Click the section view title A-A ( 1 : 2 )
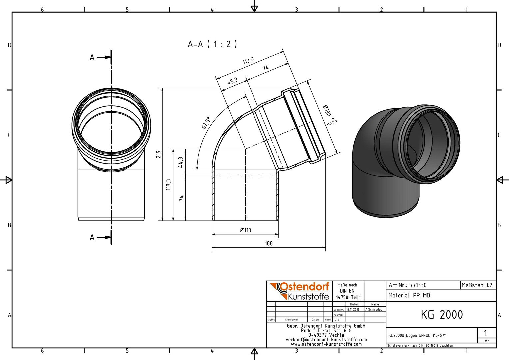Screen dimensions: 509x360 [x=212, y=44]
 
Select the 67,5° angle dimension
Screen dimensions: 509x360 [x=206, y=123]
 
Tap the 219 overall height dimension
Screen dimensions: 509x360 [x=159, y=154]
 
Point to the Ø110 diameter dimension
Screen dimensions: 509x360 [x=246, y=230]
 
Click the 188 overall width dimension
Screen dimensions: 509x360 [x=268, y=244]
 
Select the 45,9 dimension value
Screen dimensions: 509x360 [x=232, y=81]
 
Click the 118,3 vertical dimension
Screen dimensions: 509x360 [x=168, y=184]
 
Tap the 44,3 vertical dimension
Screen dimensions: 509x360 [x=181, y=162]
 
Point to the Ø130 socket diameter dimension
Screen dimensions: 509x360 [x=330, y=115]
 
